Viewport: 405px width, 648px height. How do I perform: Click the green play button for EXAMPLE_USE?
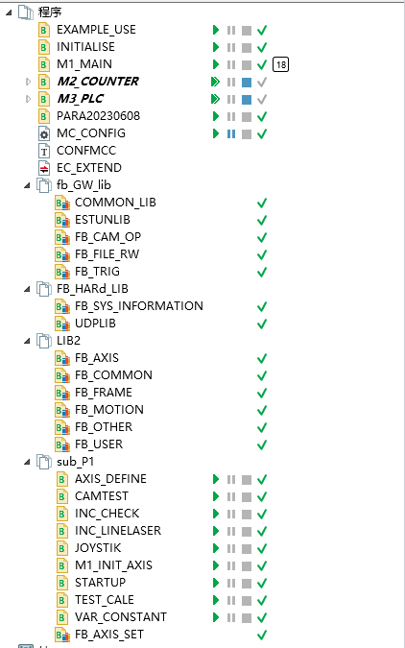pos(216,30)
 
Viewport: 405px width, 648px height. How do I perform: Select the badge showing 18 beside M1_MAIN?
pos(280,64)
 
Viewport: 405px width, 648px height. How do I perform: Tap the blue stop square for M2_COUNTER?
pos(247,83)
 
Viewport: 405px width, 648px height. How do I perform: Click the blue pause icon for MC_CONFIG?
pos(231,133)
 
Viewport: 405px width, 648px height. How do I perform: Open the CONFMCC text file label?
pos(86,151)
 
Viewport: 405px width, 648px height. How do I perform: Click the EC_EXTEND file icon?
pos(44,168)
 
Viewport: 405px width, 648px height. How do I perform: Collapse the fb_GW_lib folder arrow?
pos(27,185)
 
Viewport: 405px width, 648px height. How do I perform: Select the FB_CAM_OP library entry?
pos(107,237)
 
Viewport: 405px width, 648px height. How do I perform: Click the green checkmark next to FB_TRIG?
pos(262,273)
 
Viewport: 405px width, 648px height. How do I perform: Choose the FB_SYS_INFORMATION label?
pos(139,306)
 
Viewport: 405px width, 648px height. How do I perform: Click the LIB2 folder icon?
pos(44,341)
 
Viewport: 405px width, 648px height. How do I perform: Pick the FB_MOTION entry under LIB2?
pos(109,410)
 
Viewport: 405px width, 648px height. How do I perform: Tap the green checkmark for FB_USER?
pos(262,445)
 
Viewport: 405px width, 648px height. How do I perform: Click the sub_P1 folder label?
pos(76,462)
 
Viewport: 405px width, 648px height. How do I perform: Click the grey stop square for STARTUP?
pos(247,583)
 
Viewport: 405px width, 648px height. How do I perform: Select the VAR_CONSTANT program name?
pos(121,617)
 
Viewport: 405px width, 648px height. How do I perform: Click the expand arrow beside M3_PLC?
pos(28,99)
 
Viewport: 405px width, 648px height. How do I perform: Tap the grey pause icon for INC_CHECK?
pos(231,515)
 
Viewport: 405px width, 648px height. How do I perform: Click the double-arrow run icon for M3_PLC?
pos(215,99)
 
